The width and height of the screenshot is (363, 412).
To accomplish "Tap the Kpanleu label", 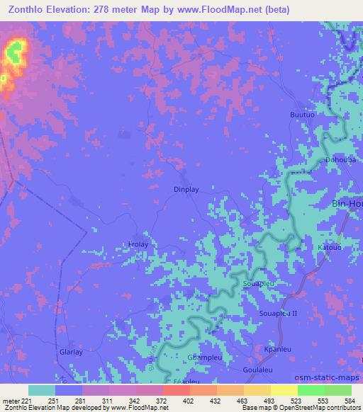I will point(277,350).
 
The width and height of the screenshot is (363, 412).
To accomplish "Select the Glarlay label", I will point(72,352).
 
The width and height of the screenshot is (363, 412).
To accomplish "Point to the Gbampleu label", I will point(201,357).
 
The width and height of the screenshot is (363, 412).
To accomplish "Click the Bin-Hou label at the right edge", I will point(347,203).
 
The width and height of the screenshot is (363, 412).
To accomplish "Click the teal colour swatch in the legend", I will point(42,390).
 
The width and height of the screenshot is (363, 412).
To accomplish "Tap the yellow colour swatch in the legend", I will point(284,390).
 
